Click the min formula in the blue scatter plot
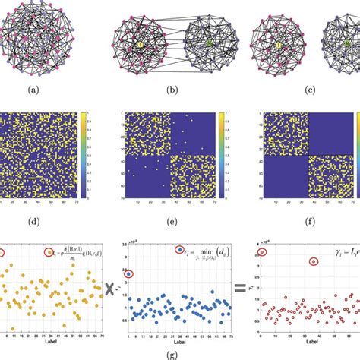pyautogui.click(x=189, y=256)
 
